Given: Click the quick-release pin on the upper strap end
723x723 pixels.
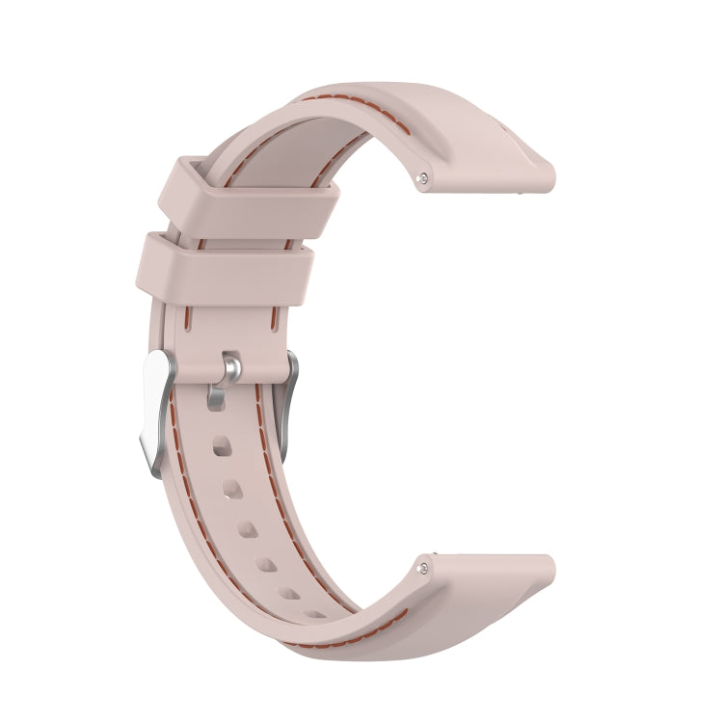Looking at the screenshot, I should [424, 177].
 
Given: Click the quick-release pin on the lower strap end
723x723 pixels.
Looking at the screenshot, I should [424, 567].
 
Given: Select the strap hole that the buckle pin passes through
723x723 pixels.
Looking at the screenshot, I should [216, 397].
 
